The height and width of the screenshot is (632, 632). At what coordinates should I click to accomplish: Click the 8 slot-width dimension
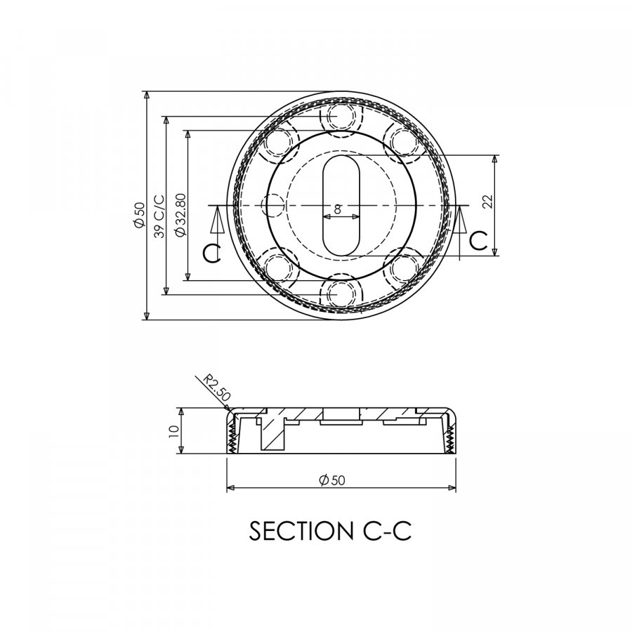[338, 209]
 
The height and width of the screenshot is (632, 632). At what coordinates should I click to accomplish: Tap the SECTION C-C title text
[329, 532]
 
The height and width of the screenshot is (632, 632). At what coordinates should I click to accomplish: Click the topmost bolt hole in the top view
[340, 115]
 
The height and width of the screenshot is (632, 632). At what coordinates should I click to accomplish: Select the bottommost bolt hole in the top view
[340, 294]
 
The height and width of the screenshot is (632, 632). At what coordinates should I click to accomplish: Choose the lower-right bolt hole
[404, 268]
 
